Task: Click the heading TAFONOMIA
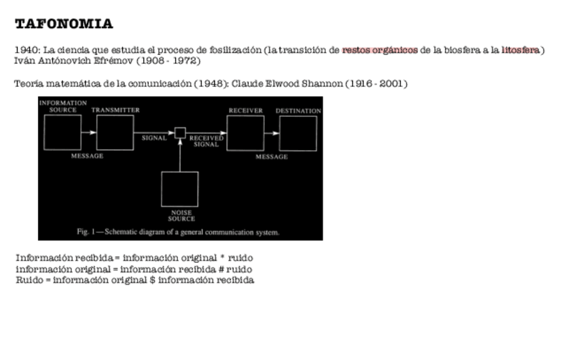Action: (64, 24)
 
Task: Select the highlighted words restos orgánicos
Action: (380, 50)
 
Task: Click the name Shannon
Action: (322, 84)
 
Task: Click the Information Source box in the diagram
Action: (62, 132)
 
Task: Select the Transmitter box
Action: (115, 132)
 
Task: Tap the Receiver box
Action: (245, 133)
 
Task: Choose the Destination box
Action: (298, 133)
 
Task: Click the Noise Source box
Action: (180, 189)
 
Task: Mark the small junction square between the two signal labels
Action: (180, 132)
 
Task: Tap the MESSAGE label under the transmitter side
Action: (88, 156)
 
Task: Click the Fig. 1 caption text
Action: (178, 232)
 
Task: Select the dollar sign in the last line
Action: (152, 280)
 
